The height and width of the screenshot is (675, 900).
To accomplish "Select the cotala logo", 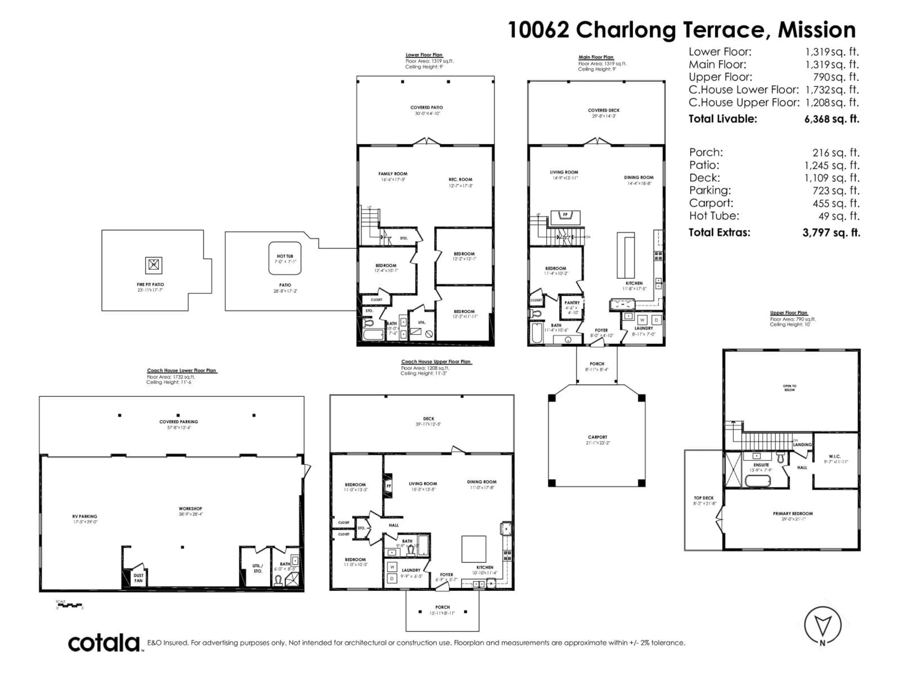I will click(104, 644).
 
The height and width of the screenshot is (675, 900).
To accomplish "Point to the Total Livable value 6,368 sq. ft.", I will click(832, 119).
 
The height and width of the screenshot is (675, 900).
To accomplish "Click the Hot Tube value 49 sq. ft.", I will click(839, 216).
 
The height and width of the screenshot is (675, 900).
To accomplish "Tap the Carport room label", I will click(597, 437).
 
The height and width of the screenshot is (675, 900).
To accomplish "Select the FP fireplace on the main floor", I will click(565, 215).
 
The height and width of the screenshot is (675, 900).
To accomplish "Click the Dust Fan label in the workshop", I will click(138, 578).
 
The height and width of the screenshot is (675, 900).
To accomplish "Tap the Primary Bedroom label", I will click(793, 514).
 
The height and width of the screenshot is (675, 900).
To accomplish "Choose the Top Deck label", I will click(704, 498).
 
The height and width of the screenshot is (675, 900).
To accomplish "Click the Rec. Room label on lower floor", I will click(460, 180).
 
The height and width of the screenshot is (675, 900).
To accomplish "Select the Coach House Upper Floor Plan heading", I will click(435, 361).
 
